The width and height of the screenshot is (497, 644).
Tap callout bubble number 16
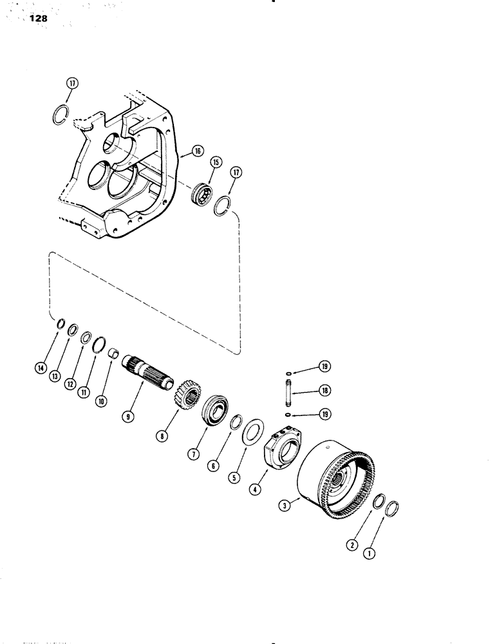197,151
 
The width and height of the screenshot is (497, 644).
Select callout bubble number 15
215,163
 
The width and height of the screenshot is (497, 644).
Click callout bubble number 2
351,545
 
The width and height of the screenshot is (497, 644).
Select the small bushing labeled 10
113,354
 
